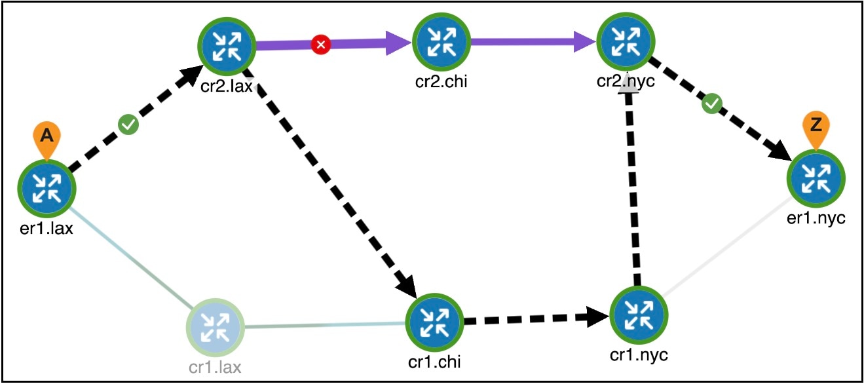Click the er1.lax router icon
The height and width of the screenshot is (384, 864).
[x=47, y=189]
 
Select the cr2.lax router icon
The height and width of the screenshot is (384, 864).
[x=227, y=47]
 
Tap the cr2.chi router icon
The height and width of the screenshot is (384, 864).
[x=441, y=42]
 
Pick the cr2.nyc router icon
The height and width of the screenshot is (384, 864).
[x=626, y=41]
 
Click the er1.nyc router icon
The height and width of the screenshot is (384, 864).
[x=816, y=178]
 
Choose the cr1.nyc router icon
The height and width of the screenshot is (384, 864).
[x=639, y=316]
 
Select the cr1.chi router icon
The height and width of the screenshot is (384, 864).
[x=434, y=322]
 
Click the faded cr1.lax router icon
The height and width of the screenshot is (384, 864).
[x=216, y=327]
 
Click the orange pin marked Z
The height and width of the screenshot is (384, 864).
[x=816, y=130]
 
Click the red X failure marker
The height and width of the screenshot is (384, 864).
[x=321, y=45]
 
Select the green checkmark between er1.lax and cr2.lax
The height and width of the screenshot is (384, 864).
[x=128, y=125]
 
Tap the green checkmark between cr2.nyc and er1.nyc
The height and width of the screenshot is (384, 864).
[x=711, y=104]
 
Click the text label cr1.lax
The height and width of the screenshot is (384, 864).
[x=215, y=367]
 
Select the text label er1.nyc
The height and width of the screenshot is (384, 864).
[x=816, y=218]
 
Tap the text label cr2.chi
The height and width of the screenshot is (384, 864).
[x=441, y=81]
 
